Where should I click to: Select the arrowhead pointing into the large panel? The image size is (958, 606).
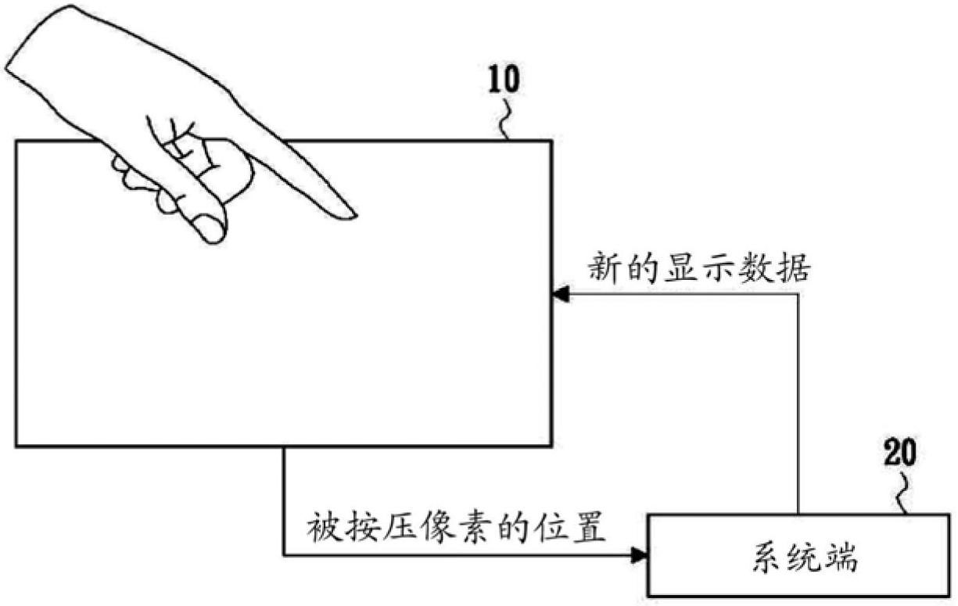[x=560, y=294]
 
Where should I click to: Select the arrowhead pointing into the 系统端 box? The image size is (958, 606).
[x=640, y=555]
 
